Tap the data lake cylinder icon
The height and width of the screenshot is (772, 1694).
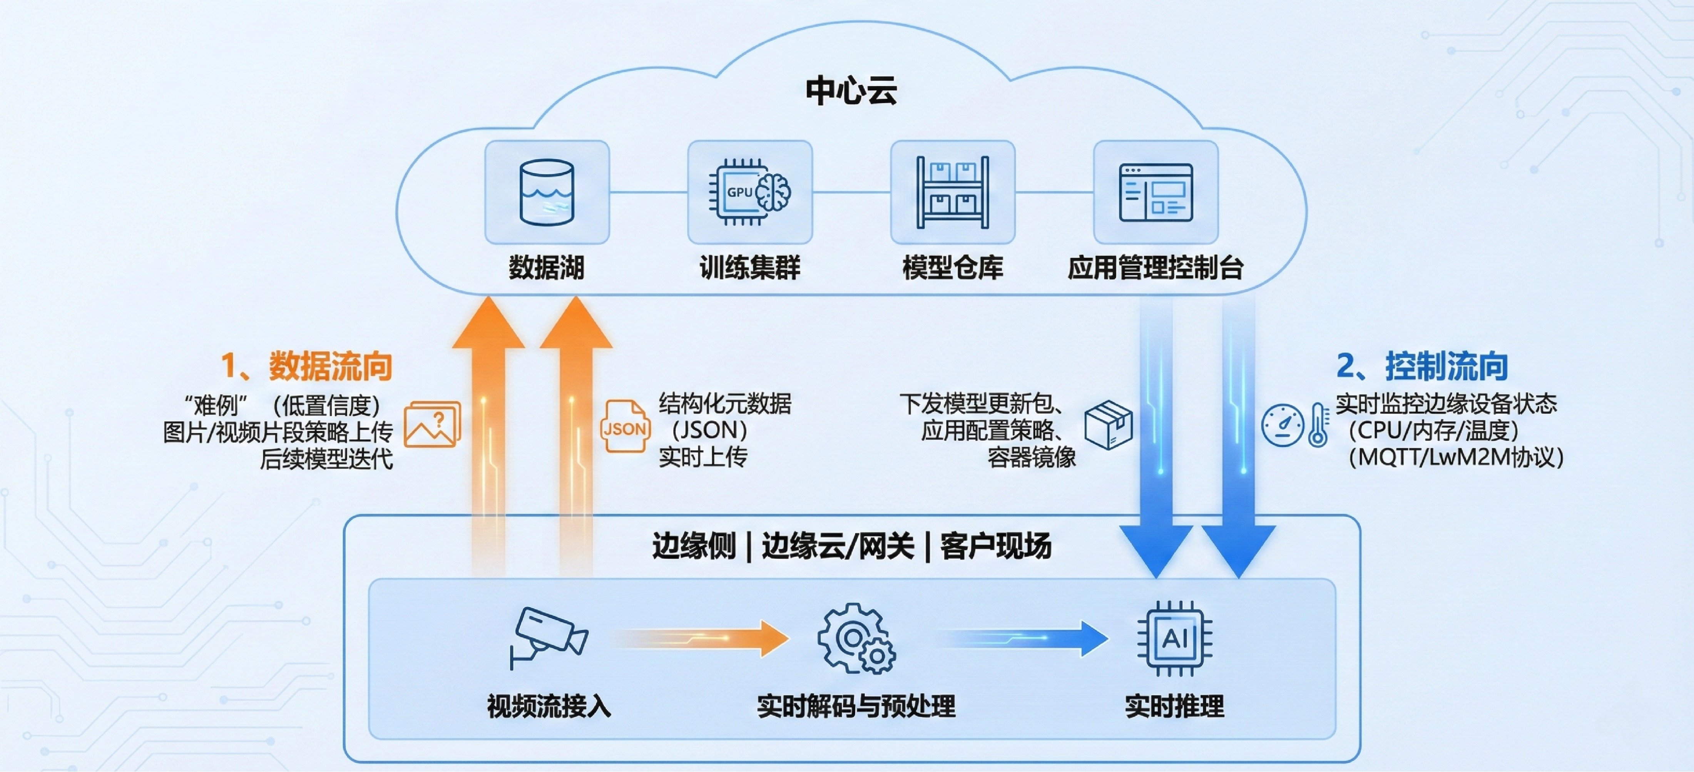tap(547, 192)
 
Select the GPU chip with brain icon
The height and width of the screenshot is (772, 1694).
tap(750, 192)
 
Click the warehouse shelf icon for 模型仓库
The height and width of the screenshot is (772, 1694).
tap(952, 192)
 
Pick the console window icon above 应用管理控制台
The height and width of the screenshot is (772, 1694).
tap(1156, 192)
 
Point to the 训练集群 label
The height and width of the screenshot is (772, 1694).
tap(750, 268)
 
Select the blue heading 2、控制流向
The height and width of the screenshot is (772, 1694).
tap(1422, 366)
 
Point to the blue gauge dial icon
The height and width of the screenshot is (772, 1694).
tap(1282, 425)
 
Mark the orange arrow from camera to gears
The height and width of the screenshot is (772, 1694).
tap(701, 638)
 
